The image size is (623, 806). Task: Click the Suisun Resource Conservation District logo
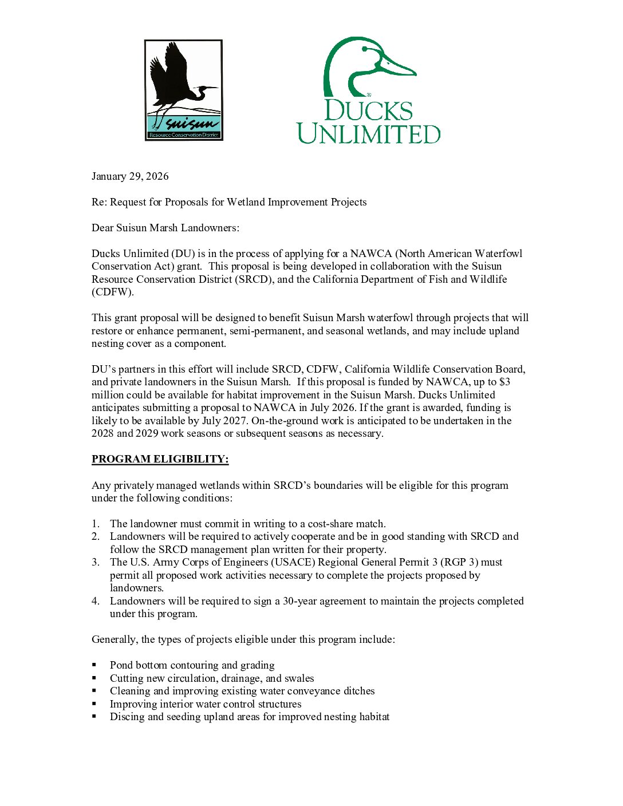point(183,90)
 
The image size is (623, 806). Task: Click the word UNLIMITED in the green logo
point(369,133)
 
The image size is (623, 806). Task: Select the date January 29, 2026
point(130,176)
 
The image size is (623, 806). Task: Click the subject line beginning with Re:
point(229,202)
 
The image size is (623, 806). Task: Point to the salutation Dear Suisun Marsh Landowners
point(165,228)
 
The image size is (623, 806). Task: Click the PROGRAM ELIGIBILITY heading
point(160,459)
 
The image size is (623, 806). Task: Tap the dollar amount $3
point(504,382)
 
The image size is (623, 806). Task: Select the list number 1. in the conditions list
point(96,524)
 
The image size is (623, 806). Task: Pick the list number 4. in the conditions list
point(96,601)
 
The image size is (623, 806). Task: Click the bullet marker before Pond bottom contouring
point(94,665)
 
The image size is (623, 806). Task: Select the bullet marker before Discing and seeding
point(94,717)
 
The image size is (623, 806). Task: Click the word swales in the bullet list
point(299,678)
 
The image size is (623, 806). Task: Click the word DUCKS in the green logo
point(368,110)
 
